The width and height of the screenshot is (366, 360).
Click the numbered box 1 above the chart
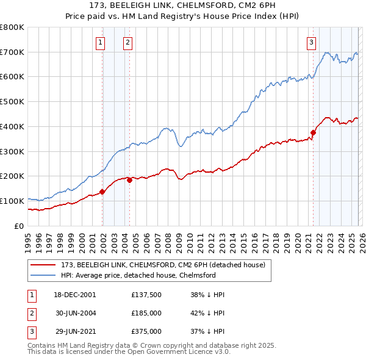[x=99, y=42]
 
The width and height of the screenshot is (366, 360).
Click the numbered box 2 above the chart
[x=127, y=42]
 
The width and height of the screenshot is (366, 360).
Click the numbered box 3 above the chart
[x=311, y=42]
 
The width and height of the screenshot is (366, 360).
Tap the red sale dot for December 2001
[x=102, y=192]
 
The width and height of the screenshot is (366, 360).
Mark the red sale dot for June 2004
[x=129, y=179]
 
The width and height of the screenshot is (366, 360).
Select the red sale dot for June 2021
[x=314, y=132]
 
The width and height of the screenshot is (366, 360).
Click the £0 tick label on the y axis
[x=19, y=226]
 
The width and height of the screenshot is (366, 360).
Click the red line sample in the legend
[x=43, y=265]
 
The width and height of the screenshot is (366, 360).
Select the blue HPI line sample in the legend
[x=43, y=275]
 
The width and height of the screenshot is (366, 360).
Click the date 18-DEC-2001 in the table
[x=75, y=295]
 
